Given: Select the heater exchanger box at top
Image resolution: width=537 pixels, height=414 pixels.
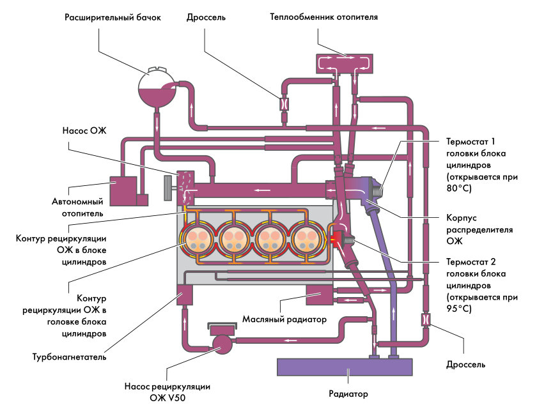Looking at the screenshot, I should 345,64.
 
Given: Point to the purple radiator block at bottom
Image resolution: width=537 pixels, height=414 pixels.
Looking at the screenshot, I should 345,367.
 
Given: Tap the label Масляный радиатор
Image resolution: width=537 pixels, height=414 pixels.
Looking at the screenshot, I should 285,319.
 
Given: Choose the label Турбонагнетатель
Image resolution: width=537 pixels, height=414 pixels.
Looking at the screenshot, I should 75,357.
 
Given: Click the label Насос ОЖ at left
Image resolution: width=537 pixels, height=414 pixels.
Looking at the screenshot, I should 84,130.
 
